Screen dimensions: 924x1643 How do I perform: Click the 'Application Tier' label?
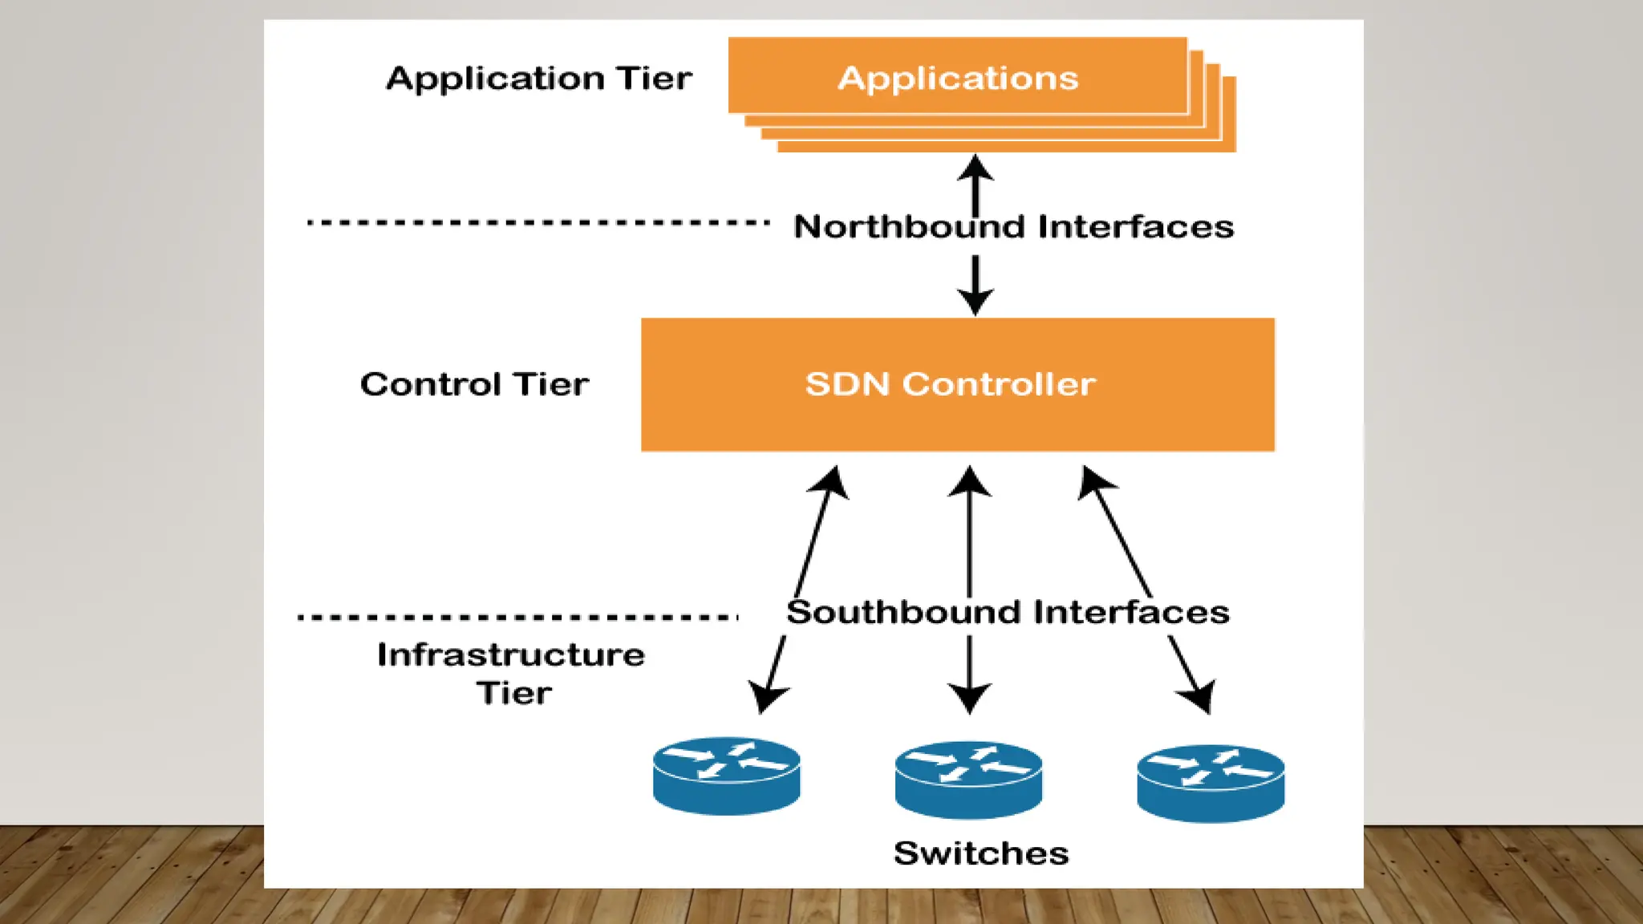(538, 79)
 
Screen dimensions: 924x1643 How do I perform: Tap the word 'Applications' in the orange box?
(958, 79)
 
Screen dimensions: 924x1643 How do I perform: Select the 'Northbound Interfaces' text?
(1013, 227)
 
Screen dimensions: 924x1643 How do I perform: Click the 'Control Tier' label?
(474, 384)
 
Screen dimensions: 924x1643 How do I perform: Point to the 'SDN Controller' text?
(950, 384)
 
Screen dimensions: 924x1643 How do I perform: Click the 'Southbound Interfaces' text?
(1008, 613)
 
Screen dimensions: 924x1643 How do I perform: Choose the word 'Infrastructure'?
(511, 655)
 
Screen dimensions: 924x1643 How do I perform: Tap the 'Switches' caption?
(980, 853)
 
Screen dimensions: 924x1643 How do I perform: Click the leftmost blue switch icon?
(726, 776)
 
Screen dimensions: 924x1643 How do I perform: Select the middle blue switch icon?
(968, 780)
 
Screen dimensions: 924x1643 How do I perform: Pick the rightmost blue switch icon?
(1211, 783)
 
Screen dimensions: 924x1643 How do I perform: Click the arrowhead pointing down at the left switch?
(766, 697)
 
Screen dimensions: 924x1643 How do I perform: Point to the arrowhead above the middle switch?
(969, 697)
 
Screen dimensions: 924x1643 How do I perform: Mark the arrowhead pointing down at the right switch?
(1199, 696)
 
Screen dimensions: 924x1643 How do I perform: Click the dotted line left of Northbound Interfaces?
(538, 222)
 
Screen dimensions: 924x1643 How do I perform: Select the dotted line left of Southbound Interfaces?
(517, 617)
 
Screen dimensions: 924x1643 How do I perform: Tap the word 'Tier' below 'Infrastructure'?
(514, 693)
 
